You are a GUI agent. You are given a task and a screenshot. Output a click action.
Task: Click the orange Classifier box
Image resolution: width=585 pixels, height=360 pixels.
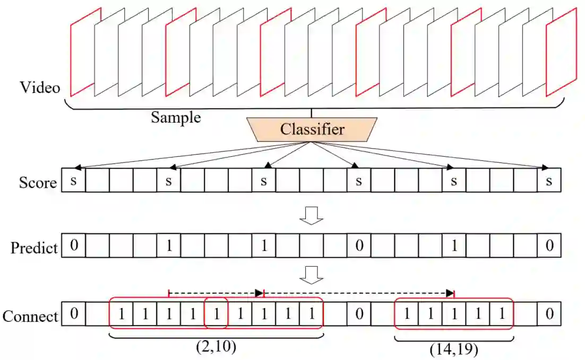click(x=312, y=129)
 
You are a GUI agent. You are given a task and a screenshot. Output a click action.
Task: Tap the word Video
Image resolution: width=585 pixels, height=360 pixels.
click(x=40, y=87)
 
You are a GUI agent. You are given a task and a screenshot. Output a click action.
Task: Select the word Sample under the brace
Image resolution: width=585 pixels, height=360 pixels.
click(x=176, y=117)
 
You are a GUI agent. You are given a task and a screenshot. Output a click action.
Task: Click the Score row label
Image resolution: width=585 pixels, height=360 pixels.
click(x=38, y=183)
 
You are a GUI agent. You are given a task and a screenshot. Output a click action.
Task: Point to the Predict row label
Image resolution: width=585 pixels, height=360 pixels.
click(x=34, y=247)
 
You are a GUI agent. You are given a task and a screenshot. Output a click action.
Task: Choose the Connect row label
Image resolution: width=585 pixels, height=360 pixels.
click(x=30, y=316)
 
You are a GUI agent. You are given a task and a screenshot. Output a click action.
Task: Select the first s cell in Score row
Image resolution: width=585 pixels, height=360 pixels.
click(x=74, y=181)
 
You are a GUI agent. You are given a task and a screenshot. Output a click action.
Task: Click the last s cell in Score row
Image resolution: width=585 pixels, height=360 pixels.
click(x=548, y=181)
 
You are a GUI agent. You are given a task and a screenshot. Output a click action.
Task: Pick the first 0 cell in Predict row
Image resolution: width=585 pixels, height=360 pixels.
click(x=74, y=245)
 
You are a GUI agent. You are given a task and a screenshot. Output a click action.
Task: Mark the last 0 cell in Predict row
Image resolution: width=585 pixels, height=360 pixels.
click(x=548, y=245)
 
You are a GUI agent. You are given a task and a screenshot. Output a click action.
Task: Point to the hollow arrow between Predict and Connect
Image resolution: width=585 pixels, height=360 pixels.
click(x=312, y=275)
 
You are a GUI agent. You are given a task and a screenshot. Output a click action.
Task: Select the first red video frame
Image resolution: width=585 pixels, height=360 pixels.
click(x=83, y=53)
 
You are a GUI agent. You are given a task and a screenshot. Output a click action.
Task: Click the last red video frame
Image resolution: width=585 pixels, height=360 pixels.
click(x=561, y=53)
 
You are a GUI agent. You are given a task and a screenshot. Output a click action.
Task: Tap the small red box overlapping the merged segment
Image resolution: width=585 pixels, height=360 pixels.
click(x=216, y=314)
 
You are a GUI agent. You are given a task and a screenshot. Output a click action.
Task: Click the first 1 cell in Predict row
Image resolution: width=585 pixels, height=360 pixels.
click(x=169, y=245)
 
